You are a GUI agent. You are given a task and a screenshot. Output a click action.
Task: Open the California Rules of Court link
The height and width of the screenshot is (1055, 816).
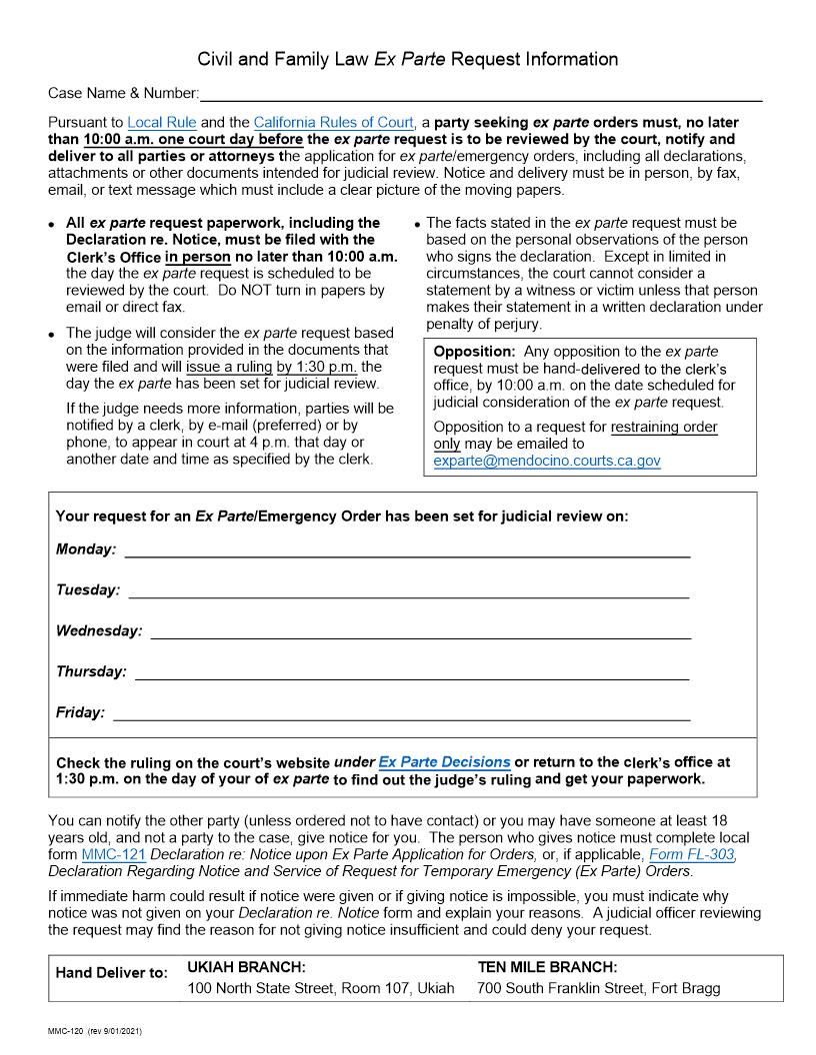point(333,123)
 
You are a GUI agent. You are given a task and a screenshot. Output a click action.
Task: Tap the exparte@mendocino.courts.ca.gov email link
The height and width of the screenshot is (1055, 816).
point(547,462)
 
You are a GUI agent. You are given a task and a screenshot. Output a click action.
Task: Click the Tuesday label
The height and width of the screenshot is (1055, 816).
point(88,590)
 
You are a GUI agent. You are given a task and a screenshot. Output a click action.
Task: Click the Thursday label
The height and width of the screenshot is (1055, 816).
point(91,672)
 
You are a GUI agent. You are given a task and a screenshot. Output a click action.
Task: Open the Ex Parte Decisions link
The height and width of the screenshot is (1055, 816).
point(444,762)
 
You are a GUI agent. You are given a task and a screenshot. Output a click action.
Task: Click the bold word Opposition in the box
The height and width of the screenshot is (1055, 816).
point(474,352)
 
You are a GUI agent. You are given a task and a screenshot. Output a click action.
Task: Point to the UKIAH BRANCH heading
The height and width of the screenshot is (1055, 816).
point(246,968)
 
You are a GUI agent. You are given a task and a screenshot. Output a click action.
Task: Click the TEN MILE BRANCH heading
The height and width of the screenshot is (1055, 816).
point(547,968)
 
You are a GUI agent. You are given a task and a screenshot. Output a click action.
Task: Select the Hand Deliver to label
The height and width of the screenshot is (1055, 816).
point(112,973)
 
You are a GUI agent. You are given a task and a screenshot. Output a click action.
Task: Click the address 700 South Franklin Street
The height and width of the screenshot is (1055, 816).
point(598,989)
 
